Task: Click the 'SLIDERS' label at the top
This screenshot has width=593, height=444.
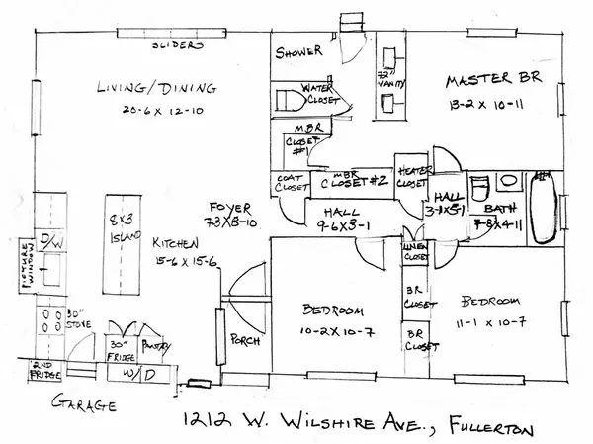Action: tap(178, 45)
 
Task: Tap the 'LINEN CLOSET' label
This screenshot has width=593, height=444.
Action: tap(414, 252)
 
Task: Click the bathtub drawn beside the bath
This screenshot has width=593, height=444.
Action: tap(543, 208)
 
